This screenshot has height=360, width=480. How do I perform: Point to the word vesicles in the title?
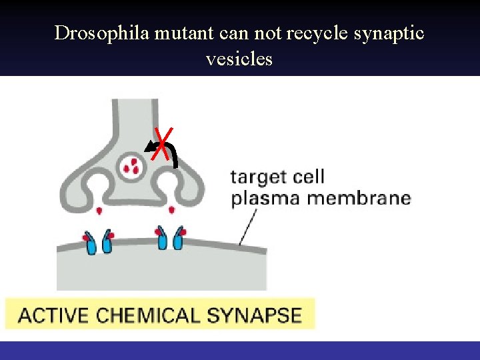coord(239,59)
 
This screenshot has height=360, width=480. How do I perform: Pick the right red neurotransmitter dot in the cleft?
coord(171,211)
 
